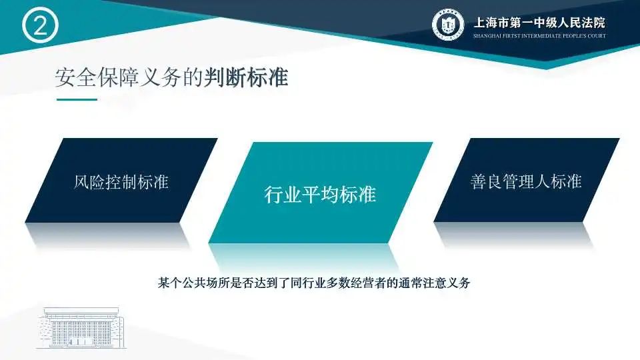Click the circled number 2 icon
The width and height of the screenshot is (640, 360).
click(x=40, y=25)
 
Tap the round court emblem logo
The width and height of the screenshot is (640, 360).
click(x=448, y=25)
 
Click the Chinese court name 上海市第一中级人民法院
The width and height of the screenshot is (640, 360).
click(x=539, y=23)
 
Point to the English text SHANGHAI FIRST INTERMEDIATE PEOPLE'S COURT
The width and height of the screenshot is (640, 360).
click(x=539, y=36)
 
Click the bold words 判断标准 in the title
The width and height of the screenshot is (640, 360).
click(x=246, y=77)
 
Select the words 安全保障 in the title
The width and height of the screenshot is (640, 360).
click(x=97, y=77)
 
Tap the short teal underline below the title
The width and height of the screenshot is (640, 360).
click(x=77, y=99)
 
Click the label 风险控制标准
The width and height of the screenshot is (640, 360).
click(x=121, y=181)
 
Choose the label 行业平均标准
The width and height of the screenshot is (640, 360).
click(x=320, y=194)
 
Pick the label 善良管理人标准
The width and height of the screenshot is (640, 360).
click(x=526, y=181)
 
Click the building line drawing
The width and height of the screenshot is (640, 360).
click(x=81, y=328)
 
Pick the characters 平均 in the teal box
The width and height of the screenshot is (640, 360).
click(x=320, y=194)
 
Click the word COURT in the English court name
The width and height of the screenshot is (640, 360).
click(x=597, y=36)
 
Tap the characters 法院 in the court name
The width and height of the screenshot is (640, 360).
click(x=594, y=23)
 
